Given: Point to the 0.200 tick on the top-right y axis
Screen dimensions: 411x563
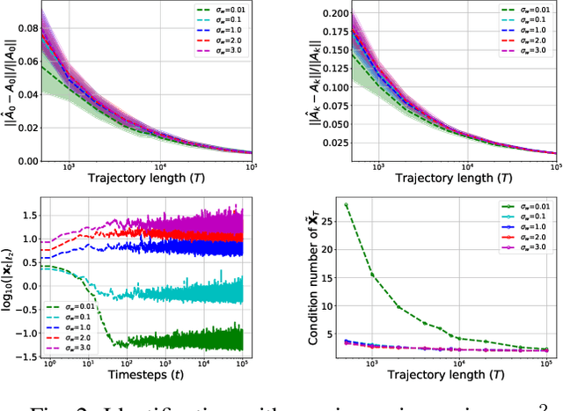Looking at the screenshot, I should [327, 14].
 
